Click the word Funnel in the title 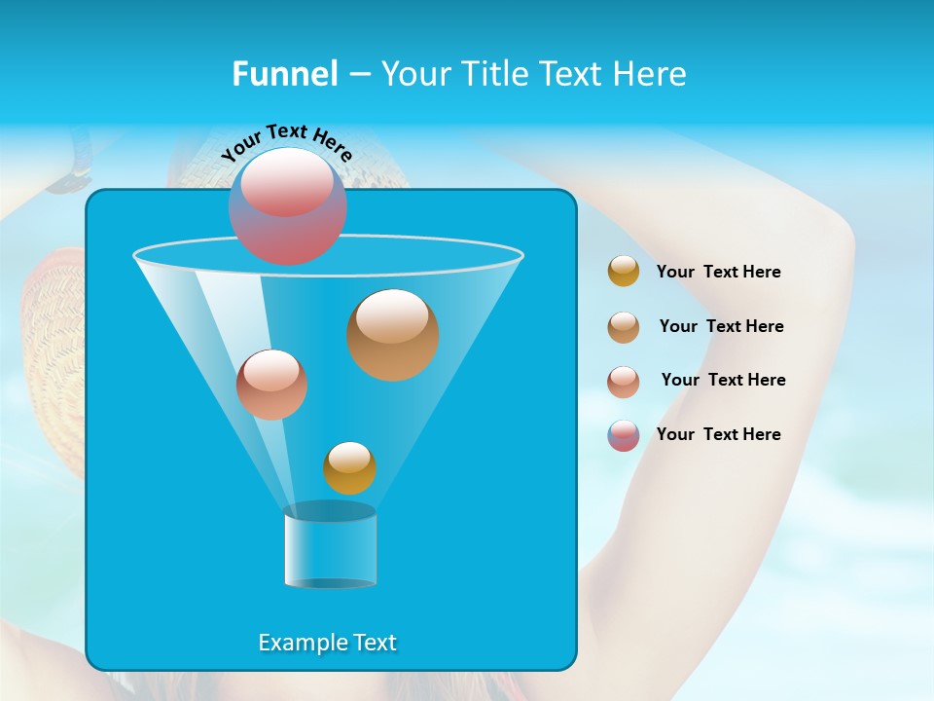pyautogui.click(x=284, y=74)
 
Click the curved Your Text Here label pyautogui.click(x=287, y=141)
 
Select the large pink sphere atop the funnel pyautogui.click(x=288, y=206)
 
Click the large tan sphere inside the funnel pyautogui.click(x=392, y=334)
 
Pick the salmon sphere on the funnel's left pyautogui.click(x=271, y=385)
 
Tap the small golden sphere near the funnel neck pyautogui.click(x=349, y=467)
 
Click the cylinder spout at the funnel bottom pyautogui.click(x=331, y=547)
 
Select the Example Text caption pyautogui.click(x=327, y=643)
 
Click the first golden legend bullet pyautogui.click(x=624, y=271)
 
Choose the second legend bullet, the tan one pyautogui.click(x=624, y=326)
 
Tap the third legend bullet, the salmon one pyautogui.click(x=624, y=381)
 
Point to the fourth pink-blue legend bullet pyautogui.click(x=624, y=435)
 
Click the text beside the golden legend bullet pyautogui.click(x=718, y=273)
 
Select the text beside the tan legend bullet pyautogui.click(x=721, y=326)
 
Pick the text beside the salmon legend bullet pyautogui.click(x=723, y=380)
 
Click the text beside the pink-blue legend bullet pyautogui.click(x=718, y=434)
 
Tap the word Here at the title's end pyautogui.click(x=654, y=74)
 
